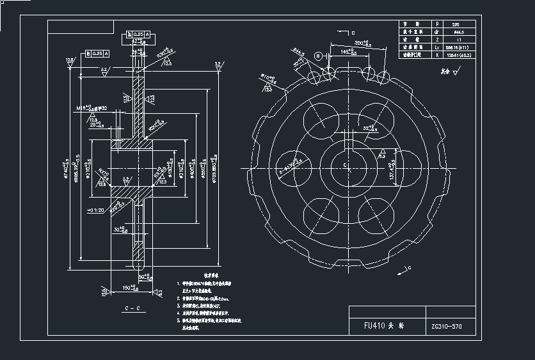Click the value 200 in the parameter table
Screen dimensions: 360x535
coord(455,24)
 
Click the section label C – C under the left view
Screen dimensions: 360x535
coord(132,308)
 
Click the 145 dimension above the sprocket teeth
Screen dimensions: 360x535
coord(348,51)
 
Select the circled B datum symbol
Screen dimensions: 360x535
coord(318,56)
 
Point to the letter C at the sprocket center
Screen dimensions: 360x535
coord(345,165)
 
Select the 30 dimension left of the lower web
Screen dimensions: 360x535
coord(118,230)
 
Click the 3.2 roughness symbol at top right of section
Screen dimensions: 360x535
coord(218,64)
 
